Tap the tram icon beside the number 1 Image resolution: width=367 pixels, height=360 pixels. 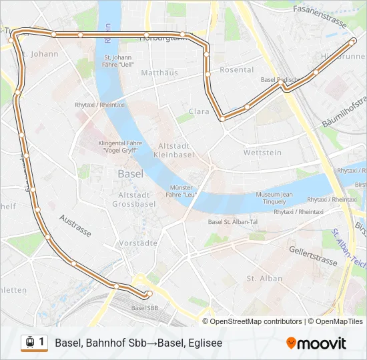coord(29,342)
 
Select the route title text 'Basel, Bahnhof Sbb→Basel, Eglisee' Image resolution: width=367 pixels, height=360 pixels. coord(139,343)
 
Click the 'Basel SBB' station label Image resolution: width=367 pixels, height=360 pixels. coord(145,308)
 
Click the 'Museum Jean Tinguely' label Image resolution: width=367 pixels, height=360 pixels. coord(274,198)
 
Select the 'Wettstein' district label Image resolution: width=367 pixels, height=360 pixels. coord(262,153)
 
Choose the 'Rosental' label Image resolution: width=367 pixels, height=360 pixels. coord(237,69)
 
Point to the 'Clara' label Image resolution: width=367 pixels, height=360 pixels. coord(200,111)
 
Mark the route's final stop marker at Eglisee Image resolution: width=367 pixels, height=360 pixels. coord(353,41)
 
